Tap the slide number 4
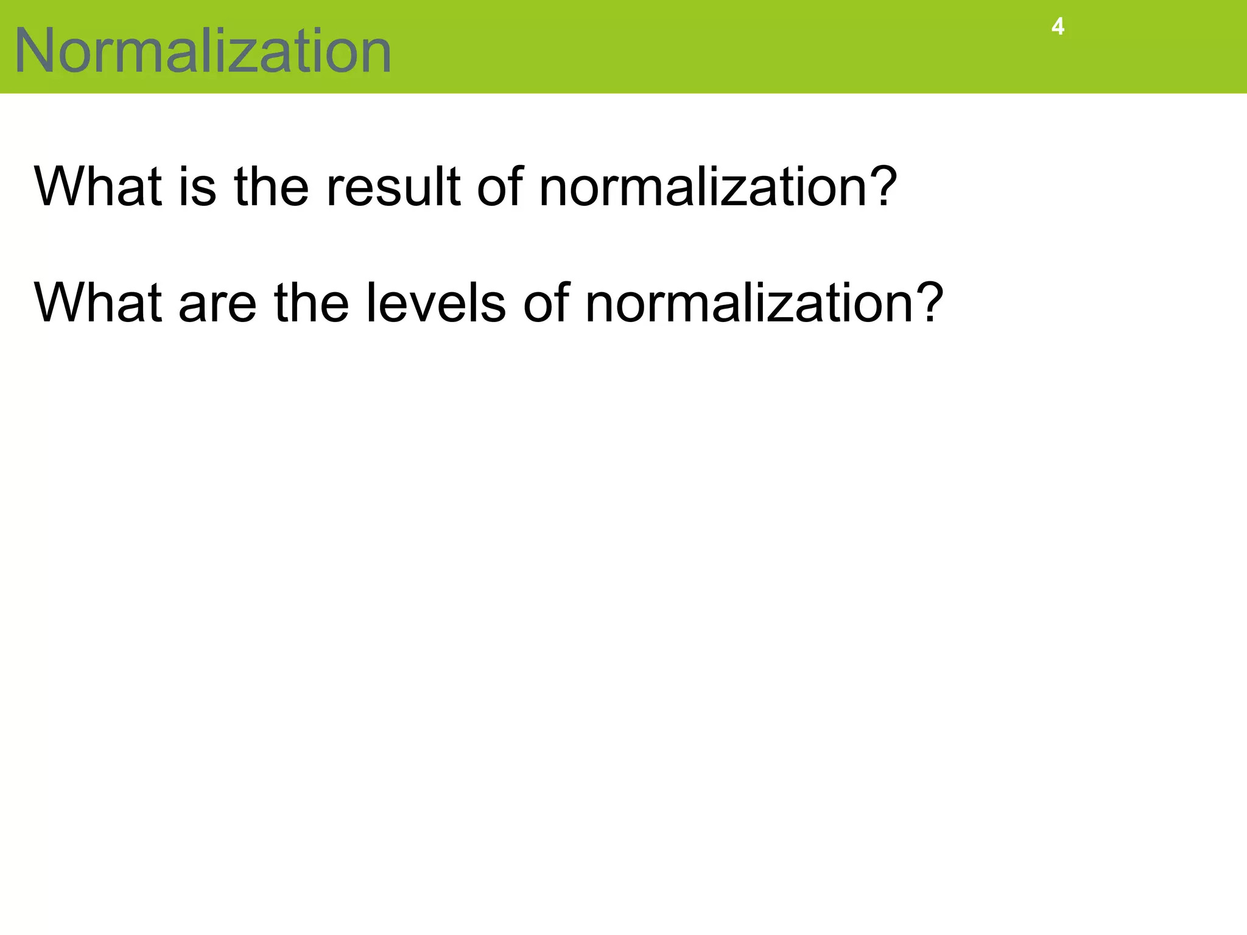[1058, 27]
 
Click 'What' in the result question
[98, 186]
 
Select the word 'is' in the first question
[197, 186]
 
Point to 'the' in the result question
[272, 186]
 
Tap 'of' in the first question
[499, 186]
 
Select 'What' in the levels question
[98, 303]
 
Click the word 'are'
[217, 304]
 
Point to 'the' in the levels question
[311, 303]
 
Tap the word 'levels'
[435, 303]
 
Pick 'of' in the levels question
[546, 303]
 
